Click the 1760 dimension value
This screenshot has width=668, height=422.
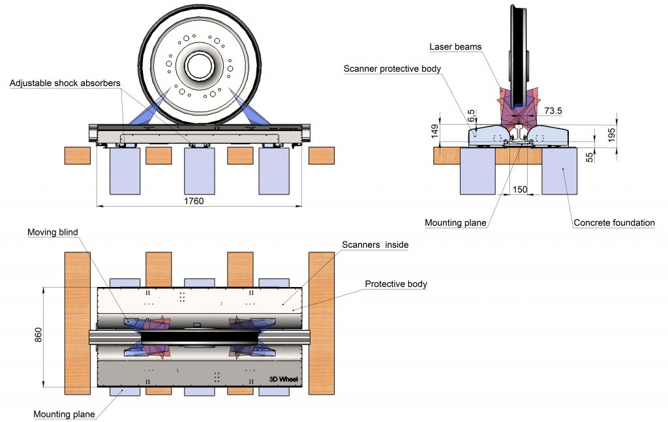point(194,202)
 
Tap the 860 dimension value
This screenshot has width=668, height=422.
point(38,336)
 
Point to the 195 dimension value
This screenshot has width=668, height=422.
point(611,134)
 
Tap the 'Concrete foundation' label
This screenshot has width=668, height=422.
point(613,223)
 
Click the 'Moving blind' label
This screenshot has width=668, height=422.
point(52,232)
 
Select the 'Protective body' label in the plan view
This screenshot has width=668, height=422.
point(395,284)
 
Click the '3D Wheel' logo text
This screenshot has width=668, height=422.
point(283,378)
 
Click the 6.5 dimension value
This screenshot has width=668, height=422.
point(472,112)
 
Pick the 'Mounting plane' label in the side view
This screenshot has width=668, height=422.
point(455,223)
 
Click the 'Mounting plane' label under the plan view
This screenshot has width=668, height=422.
point(64,414)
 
